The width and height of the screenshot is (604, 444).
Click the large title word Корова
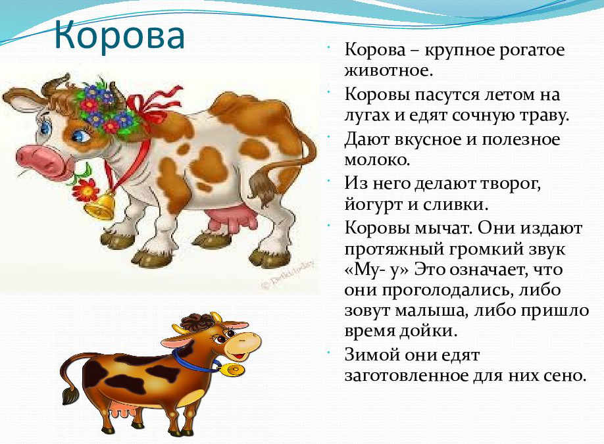(120, 35)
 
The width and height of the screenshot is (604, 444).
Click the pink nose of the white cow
(39, 160)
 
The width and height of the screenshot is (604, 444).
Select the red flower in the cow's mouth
(86, 189)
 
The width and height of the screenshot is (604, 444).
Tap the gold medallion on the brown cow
(232, 370)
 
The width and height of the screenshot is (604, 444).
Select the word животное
(386, 70)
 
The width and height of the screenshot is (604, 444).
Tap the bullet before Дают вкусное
(330, 136)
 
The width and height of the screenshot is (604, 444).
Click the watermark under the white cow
(288, 275)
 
